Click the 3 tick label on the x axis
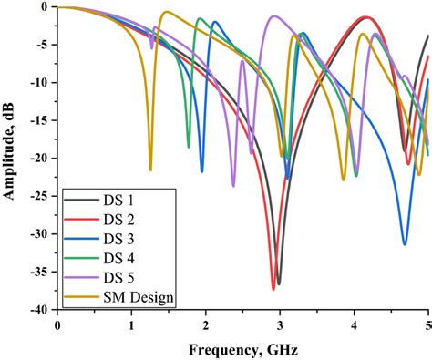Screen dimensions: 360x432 [x=280, y=324]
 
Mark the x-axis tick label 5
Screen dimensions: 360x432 [x=427, y=324]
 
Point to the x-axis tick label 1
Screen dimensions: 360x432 [x=131, y=324]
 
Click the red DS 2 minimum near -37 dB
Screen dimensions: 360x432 [x=273, y=288]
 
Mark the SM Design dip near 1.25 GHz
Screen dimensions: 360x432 [x=150, y=170]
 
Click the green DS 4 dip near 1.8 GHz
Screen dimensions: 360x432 [x=189, y=147]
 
